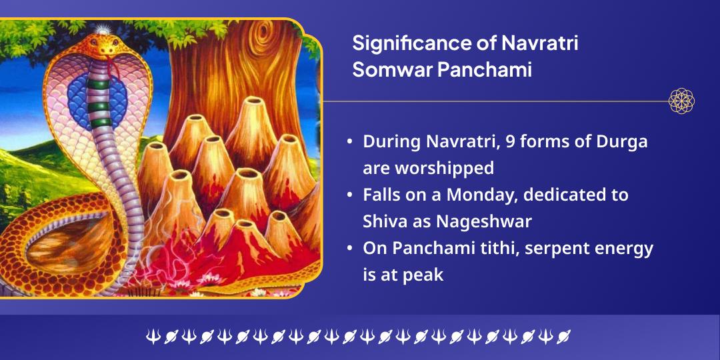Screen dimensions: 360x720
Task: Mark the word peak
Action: pos(423,275)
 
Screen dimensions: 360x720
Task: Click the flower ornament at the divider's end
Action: pos(681,101)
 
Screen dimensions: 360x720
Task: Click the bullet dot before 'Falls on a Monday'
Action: pos(351,195)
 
